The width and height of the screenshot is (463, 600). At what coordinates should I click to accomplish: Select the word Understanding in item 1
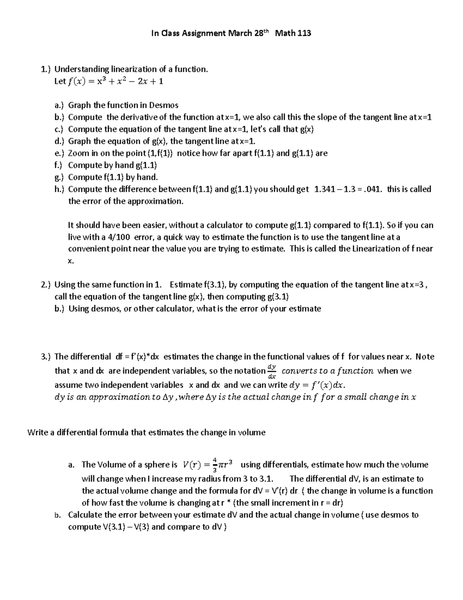(82, 69)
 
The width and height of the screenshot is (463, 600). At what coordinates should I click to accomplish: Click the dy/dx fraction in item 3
(272, 371)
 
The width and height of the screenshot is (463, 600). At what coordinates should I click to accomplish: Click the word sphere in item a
(157, 464)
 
